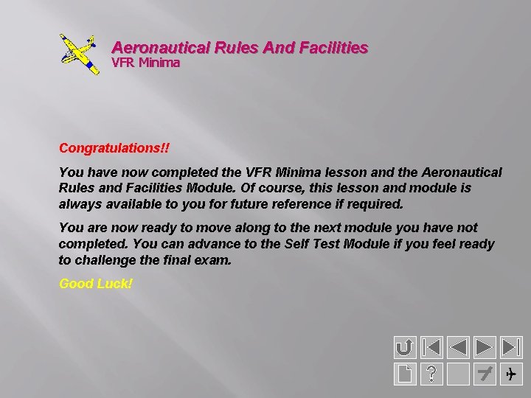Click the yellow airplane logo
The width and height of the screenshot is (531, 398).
point(78,54)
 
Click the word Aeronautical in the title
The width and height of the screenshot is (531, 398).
point(159,48)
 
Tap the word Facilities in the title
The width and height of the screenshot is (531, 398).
point(333,48)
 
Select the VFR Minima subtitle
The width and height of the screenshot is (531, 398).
point(145,63)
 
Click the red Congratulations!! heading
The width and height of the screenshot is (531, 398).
point(114,148)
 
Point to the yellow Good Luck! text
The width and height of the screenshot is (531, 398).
point(96,283)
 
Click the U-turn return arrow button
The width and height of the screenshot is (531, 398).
point(405,347)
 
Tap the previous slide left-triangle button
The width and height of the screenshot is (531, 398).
point(459,347)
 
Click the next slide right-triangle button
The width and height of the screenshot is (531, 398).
point(485,347)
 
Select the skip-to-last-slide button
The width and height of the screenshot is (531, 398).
point(511,347)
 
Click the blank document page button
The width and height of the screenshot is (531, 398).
point(405,374)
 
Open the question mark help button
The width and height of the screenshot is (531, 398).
point(431,374)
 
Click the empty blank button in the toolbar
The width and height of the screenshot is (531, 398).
point(458,374)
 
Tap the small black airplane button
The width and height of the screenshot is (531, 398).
point(511,374)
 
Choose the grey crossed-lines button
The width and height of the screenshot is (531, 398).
point(485,374)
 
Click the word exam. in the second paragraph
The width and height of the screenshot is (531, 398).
point(215,260)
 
